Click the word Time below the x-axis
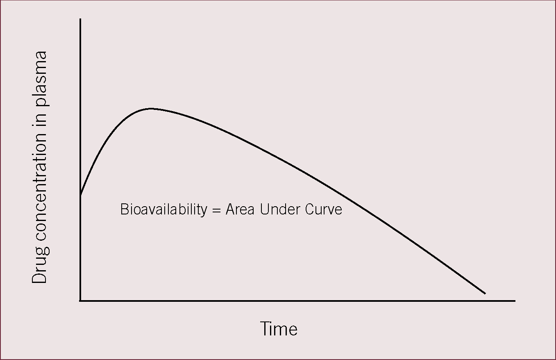pos(279,329)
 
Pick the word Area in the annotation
pos(240,209)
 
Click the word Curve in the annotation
pos(324,209)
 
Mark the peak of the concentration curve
pos(150,109)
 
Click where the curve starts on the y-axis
pos(80,195)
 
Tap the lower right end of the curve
pos(485,294)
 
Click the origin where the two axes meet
pos(80,301)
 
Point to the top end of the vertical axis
pos(80,18)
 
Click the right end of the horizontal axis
pos(515,301)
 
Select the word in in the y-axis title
pos(39,121)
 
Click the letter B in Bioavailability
pos(125,209)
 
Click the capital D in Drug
pos(39,276)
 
